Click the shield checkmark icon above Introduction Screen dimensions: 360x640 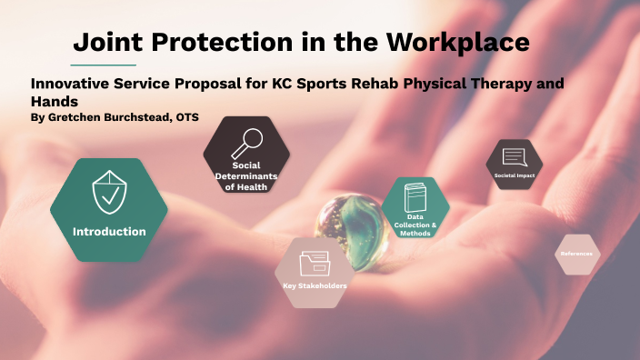(x=109, y=192)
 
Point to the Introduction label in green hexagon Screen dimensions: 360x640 (x=109, y=231)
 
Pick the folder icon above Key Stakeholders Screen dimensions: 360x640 (x=315, y=263)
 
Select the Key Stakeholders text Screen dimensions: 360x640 (x=315, y=286)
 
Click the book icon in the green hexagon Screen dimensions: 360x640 (x=415, y=198)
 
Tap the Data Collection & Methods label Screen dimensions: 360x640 (x=415, y=225)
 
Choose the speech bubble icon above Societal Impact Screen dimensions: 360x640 (x=514, y=157)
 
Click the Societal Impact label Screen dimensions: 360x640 (x=514, y=175)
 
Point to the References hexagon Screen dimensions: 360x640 (x=576, y=254)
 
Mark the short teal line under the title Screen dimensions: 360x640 (x=104, y=65)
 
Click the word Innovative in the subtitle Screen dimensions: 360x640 (x=67, y=84)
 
